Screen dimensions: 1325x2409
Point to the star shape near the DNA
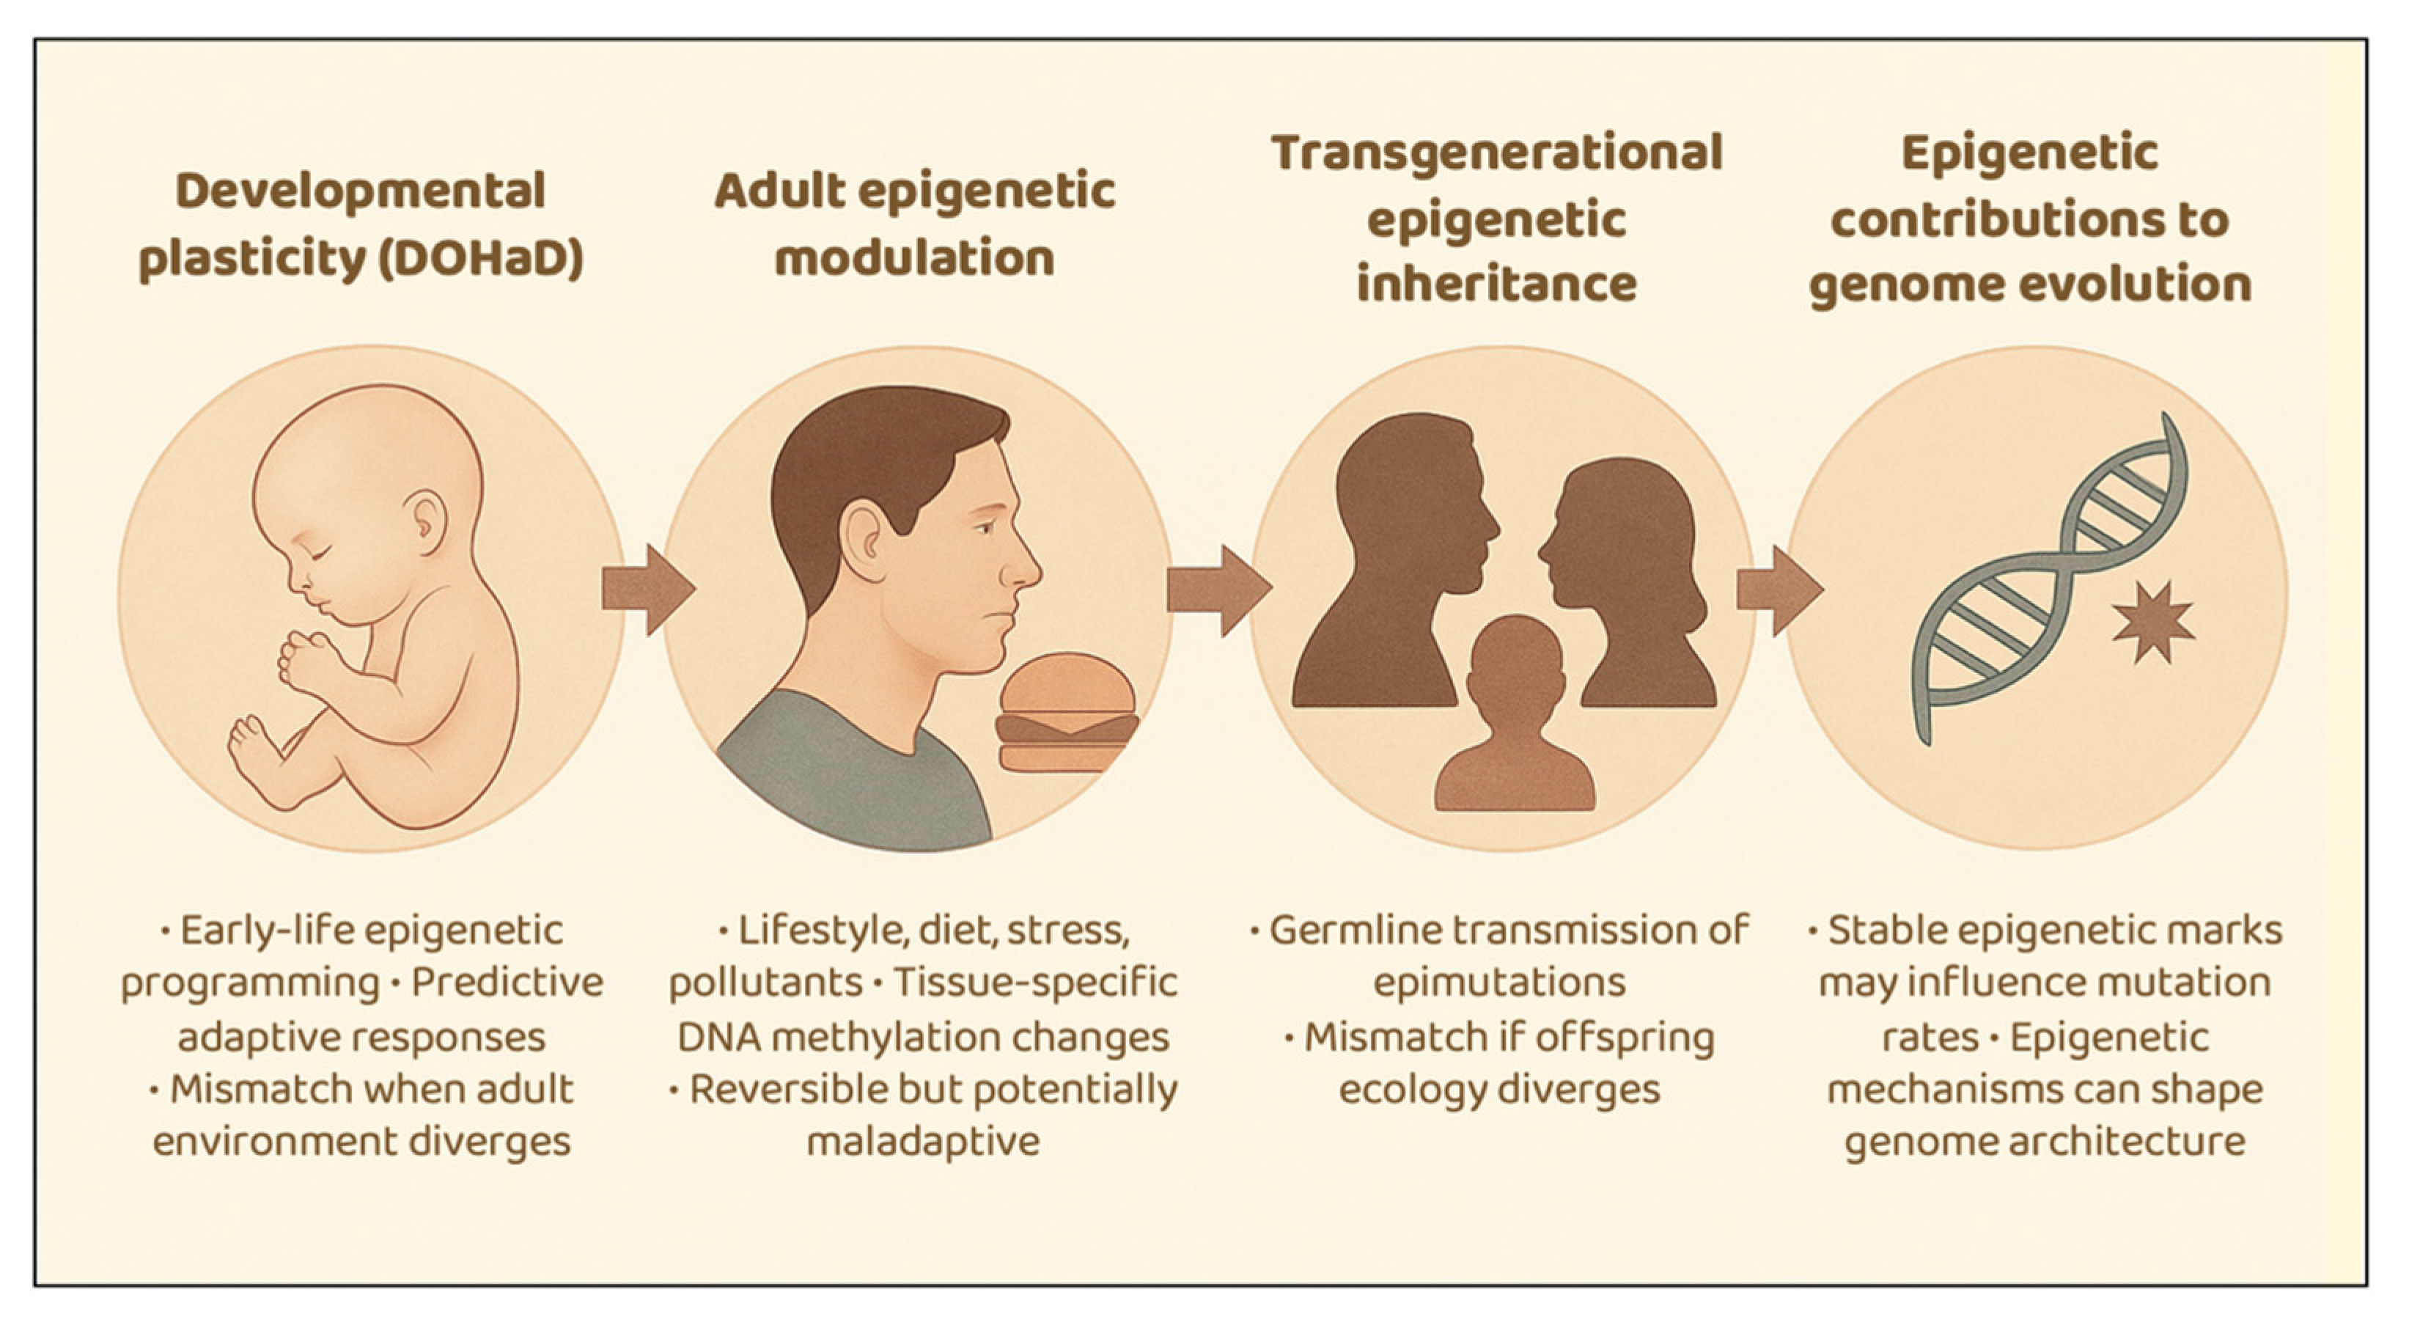(2152, 622)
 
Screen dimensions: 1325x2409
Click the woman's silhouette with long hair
(1628, 580)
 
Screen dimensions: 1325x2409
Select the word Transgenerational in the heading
(1496, 153)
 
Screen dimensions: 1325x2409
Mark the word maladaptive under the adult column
(922, 1142)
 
